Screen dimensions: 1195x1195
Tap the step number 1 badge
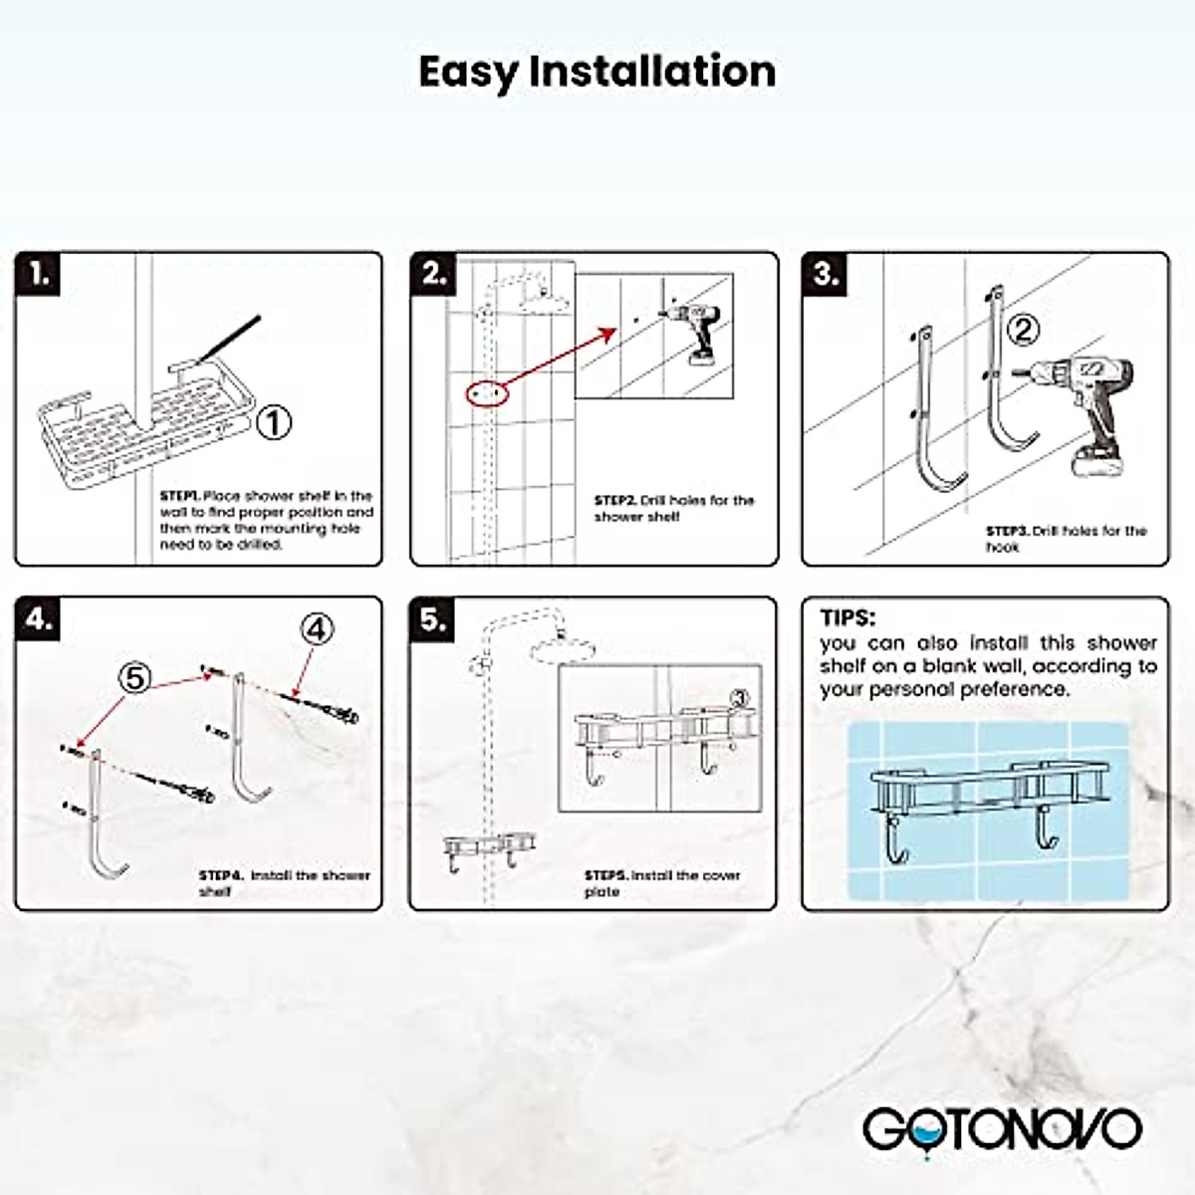(x=38, y=274)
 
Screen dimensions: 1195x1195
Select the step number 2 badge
(x=433, y=274)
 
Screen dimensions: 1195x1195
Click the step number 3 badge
(x=825, y=274)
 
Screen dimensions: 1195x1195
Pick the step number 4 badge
(x=38, y=618)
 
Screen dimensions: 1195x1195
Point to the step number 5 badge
(x=432, y=618)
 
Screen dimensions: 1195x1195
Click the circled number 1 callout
(x=274, y=423)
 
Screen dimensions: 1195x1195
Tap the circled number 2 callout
(x=1023, y=331)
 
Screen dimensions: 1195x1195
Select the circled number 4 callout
(x=317, y=630)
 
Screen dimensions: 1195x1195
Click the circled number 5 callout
(x=134, y=678)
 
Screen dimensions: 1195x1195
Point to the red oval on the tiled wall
(x=487, y=393)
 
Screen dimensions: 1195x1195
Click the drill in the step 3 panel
(x=1075, y=415)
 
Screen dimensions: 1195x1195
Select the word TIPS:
(x=847, y=618)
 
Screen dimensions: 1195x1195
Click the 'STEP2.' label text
(x=614, y=501)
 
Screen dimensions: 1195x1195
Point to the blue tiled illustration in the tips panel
(x=989, y=813)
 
